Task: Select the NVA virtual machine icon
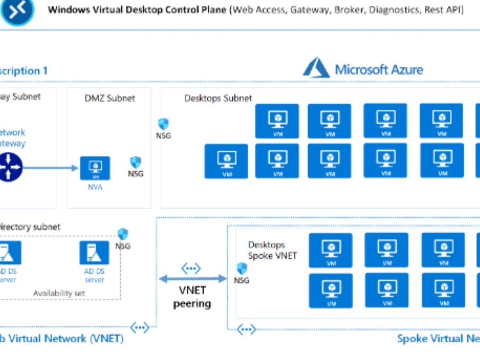click(95, 168)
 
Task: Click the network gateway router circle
click(10, 167)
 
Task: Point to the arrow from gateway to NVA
click(50, 168)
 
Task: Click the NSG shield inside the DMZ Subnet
click(136, 162)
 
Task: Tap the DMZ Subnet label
click(109, 98)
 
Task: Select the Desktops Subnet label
click(218, 98)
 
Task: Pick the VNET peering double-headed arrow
click(192, 279)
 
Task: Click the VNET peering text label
click(192, 297)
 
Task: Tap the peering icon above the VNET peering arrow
click(191, 268)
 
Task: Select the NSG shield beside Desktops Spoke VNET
click(242, 269)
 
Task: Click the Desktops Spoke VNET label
click(272, 250)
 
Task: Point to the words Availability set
click(60, 293)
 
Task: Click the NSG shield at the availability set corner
click(123, 234)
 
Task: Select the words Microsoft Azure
click(379, 70)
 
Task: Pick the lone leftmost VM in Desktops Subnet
click(227, 161)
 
